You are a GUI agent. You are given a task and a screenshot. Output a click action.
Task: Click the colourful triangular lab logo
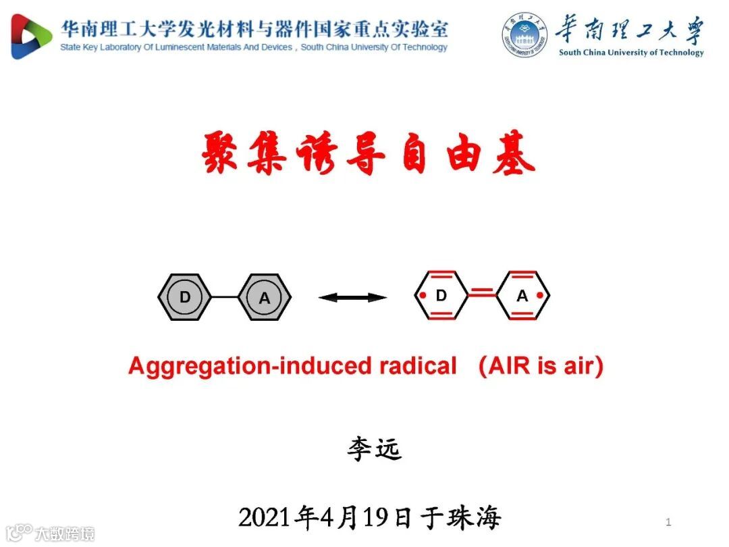[x=31, y=36]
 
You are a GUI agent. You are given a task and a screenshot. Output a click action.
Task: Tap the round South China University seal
[x=524, y=34]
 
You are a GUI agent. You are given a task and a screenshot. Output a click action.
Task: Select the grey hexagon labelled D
[x=184, y=297]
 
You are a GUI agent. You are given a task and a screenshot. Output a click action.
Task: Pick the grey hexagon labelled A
[x=264, y=297]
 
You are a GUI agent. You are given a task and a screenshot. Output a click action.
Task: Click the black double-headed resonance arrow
[x=352, y=297]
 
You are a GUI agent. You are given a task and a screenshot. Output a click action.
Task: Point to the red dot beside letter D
[x=423, y=296]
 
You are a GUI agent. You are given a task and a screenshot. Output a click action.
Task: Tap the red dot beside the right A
[x=540, y=296]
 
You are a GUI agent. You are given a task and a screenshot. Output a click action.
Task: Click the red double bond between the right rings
[x=482, y=293]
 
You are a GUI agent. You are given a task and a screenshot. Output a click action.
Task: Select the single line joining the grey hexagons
[x=224, y=297]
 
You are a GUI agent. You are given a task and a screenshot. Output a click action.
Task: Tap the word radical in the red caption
[x=418, y=366]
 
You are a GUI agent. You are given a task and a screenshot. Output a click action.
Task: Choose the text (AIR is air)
[x=541, y=366]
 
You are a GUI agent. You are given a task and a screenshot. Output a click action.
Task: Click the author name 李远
[x=374, y=449]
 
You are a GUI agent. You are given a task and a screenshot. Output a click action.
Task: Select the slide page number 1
[x=668, y=521]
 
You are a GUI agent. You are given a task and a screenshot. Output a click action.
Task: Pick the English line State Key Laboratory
[x=253, y=48]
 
